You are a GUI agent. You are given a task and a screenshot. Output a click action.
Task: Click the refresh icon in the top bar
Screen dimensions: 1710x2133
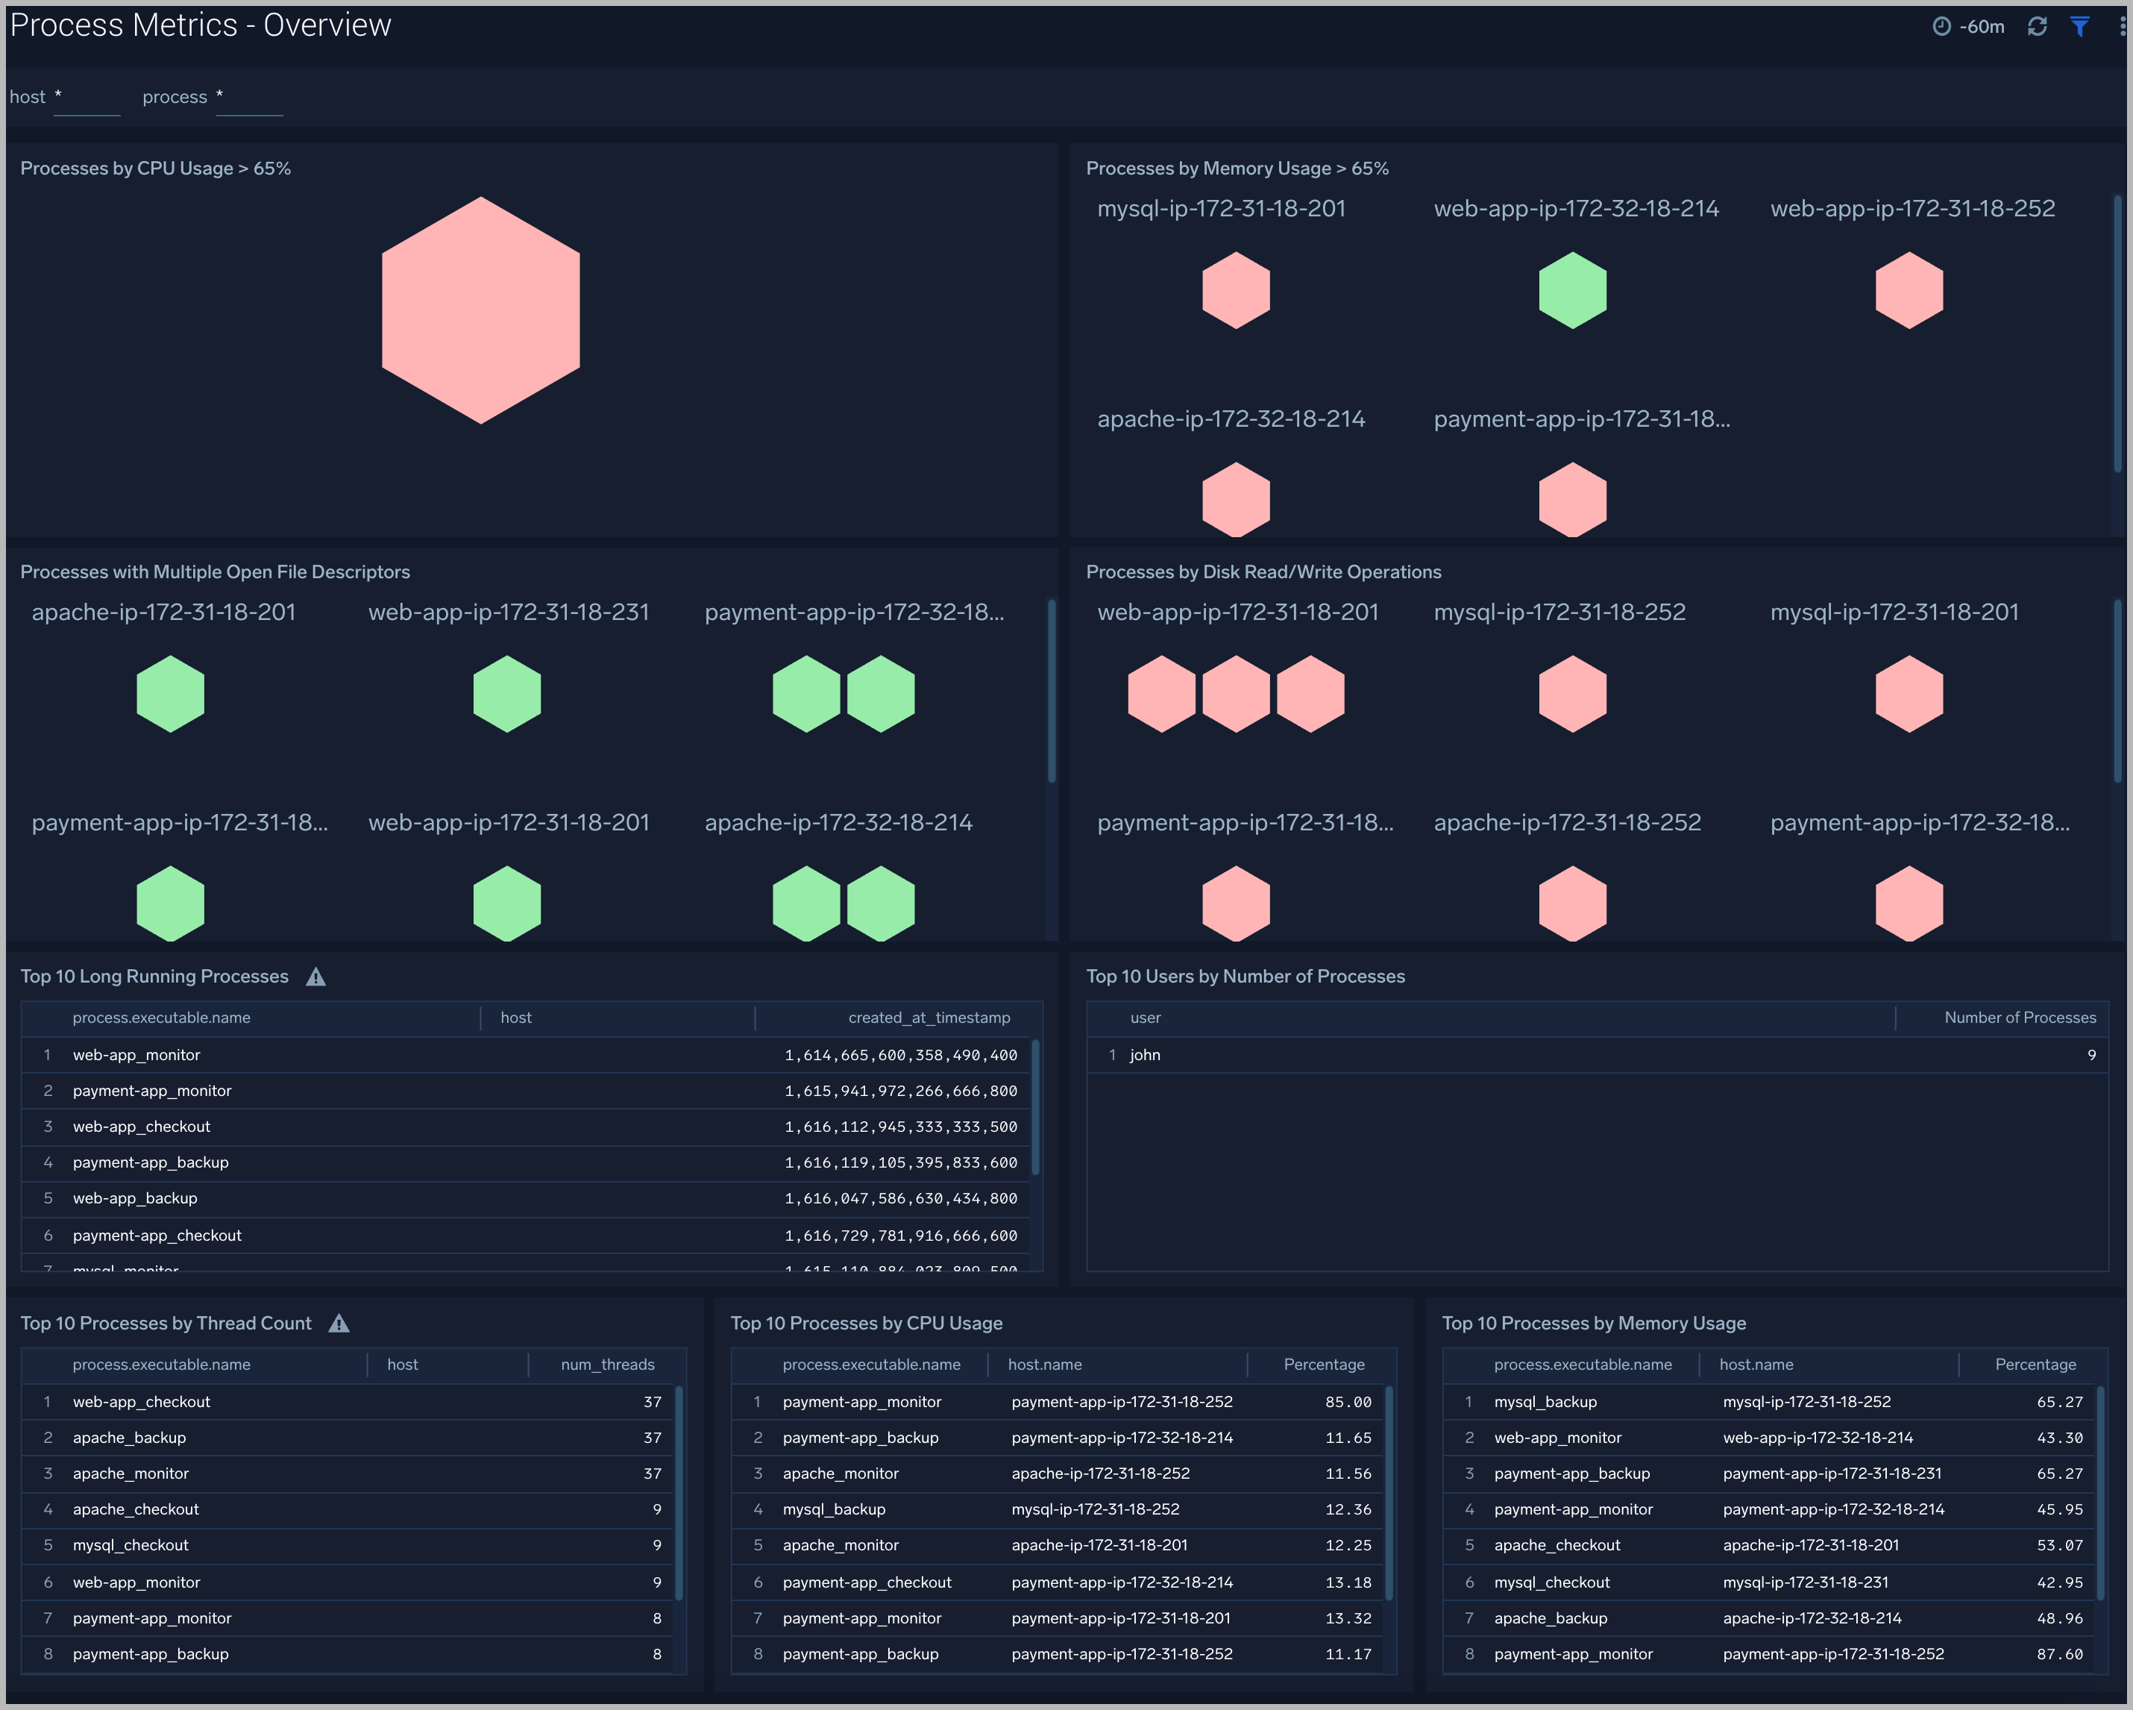click(x=2036, y=27)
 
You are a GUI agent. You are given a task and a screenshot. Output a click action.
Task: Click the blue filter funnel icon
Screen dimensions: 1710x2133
click(x=2079, y=27)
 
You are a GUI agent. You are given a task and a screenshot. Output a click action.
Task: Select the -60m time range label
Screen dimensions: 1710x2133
click(x=1981, y=27)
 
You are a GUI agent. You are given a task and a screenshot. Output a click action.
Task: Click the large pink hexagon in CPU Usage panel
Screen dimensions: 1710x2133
click(x=481, y=310)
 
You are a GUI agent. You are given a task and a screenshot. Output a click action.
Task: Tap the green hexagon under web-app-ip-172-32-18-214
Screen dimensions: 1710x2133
click(x=1572, y=290)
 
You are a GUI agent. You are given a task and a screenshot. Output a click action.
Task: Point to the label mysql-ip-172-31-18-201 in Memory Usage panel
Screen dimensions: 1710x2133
click(x=1221, y=209)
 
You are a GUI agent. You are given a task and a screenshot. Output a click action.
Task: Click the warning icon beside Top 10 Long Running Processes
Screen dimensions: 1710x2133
click(x=315, y=977)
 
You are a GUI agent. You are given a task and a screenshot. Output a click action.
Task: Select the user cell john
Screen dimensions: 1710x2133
click(x=1145, y=1055)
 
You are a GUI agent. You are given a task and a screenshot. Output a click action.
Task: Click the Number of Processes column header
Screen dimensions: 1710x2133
click(x=2019, y=1018)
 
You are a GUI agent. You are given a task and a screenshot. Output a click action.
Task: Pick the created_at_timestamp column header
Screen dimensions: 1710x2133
click(x=929, y=1018)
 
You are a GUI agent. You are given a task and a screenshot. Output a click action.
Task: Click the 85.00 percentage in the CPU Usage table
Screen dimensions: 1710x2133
click(x=1348, y=1402)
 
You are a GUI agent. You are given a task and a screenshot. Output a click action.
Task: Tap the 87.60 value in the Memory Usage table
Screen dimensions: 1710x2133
click(x=2059, y=1653)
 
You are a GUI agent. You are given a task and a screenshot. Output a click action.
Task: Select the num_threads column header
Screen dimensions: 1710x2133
click(x=607, y=1365)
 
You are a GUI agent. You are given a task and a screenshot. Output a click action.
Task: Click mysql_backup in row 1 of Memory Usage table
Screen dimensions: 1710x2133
click(x=1545, y=1402)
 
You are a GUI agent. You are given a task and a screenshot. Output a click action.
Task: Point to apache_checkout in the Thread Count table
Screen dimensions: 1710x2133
click(x=136, y=1509)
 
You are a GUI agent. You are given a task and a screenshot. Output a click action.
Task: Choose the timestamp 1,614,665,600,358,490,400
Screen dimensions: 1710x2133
click(x=900, y=1055)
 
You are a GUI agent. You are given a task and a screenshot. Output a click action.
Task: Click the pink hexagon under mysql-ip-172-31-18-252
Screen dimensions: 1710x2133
click(x=1572, y=694)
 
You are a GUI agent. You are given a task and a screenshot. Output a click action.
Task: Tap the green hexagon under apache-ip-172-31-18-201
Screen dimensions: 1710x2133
click(x=170, y=694)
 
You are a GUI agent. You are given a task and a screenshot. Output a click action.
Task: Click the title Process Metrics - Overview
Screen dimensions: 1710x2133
click(x=201, y=25)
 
